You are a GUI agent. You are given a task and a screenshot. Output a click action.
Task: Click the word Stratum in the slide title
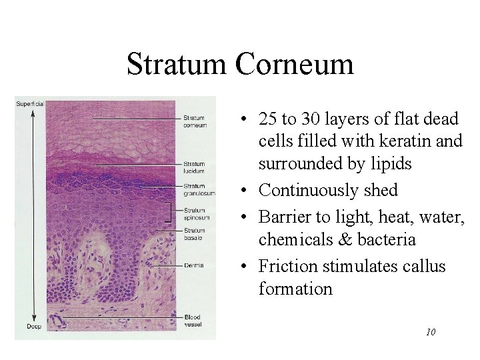point(174,65)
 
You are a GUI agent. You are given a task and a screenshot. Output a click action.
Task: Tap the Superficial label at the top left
point(30,103)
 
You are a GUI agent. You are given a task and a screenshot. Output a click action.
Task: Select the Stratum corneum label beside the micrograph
point(195,122)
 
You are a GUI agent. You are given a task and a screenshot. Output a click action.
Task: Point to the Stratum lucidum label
point(194,167)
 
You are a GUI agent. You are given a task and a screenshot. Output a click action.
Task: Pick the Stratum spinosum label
point(197,214)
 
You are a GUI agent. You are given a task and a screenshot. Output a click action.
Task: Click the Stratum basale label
point(195,234)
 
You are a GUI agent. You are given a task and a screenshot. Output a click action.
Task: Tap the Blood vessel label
point(193,320)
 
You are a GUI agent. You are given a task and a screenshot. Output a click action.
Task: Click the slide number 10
point(430,331)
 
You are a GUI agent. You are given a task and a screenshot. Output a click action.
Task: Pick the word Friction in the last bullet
point(284,267)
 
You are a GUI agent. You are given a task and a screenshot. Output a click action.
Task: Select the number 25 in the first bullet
point(268,120)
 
